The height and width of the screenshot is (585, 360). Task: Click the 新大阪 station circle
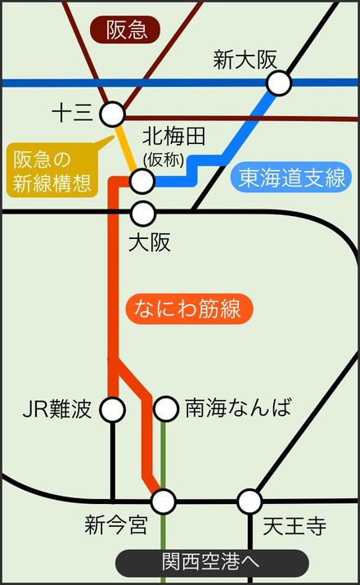click(x=279, y=83)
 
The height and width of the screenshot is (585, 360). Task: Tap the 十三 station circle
click(x=112, y=114)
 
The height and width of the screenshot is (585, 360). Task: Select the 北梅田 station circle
click(x=142, y=181)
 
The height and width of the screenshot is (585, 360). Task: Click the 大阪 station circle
click(x=143, y=214)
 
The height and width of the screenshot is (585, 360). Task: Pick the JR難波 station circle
click(x=112, y=409)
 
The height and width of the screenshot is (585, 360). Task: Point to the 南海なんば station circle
click(x=165, y=408)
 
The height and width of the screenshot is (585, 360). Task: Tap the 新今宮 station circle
click(x=164, y=502)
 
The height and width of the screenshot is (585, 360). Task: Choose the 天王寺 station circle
click(x=250, y=502)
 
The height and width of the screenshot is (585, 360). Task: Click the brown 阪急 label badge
click(x=125, y=29)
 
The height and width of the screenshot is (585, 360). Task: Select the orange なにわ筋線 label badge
click(x=189, y=309)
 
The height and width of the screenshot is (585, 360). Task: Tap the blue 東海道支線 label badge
click(x=291, y=178)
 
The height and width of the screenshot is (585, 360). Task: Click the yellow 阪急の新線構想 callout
click(x=52, y=170)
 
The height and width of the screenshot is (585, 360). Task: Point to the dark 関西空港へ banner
click(x=212, y=563)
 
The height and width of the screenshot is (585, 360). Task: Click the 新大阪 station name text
click(x=245, y=60)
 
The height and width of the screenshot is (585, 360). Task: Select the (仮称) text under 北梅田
click(x=164, y=160)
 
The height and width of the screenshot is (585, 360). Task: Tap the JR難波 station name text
click(x=57, y=408)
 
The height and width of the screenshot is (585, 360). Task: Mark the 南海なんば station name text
click(x=238, y=407)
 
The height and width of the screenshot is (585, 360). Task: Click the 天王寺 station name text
click(x=295, y=526)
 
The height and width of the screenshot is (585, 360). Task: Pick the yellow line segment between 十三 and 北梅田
click(x=127, y=148)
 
